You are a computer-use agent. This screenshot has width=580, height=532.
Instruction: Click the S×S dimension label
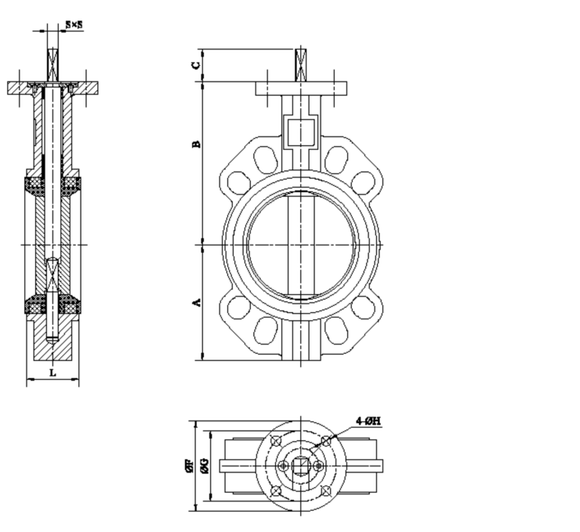pyautogui.click(x=74, y=25)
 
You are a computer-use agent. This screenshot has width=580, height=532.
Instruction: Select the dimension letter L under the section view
pyautogui.click(x=53, y=373)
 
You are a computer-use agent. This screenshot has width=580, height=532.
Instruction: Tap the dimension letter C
pyautogui.click(x=197, y=64)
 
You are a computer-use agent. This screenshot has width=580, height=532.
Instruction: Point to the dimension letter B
pyautogui.click(x=197, y=144)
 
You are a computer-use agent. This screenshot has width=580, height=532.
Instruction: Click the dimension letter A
pyautogui.click(x=197, y=301)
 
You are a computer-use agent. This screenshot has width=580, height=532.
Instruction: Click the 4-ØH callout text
pyautogui.click(x=368, y=421)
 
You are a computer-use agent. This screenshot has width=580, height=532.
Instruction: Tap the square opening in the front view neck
pyautogui.click(x=300, y=131)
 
